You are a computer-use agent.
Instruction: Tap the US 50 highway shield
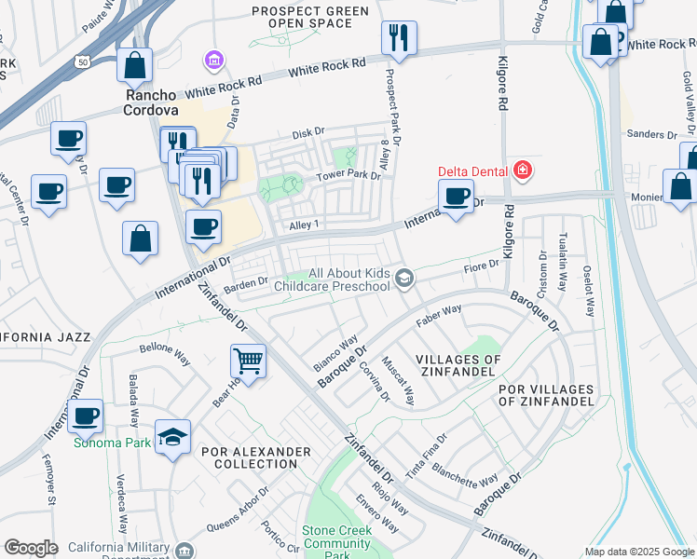[83, 61]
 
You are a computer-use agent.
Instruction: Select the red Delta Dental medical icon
[523, 170]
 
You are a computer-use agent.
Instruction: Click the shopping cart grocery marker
[249, 360]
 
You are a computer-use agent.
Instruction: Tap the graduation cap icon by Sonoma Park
[172, 438]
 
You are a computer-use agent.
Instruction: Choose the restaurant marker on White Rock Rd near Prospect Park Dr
[399, 38]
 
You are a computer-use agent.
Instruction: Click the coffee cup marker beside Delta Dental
[456, 198]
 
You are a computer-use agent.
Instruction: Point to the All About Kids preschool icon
[403, 278]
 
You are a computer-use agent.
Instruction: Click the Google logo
[31, 548]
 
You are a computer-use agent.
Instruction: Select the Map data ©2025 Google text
[639, 552]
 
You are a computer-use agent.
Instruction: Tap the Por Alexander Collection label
[255, 457]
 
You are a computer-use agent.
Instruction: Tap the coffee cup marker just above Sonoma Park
[86, 416]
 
